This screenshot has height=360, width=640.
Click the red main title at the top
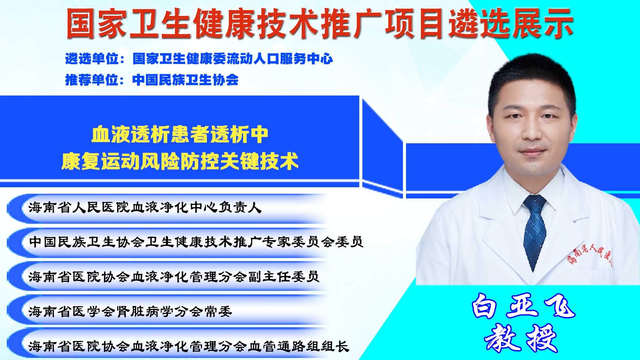pos(320,23)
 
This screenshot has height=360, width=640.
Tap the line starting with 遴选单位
pos(199,59)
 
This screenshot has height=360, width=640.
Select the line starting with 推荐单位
pos(152,80)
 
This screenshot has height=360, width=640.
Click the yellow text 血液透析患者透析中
pos(180,134)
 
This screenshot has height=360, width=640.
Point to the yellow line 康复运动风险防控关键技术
pos(180,161)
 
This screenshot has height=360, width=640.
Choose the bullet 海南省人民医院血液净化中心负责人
pos(145,208)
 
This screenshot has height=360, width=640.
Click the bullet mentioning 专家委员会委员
pos(196,242)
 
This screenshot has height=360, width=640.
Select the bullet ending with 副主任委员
pos(174,277)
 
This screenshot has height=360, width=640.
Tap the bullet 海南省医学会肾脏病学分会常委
pos(130,311)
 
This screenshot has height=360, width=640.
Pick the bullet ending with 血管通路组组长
pos(189,346)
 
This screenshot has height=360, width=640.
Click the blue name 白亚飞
pos(523,306)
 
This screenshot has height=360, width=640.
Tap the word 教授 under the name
pos(521,338)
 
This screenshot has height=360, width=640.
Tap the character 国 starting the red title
pos(80,23)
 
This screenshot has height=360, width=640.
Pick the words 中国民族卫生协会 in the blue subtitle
pos(186,80)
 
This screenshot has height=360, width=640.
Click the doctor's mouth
pos(533,151)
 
